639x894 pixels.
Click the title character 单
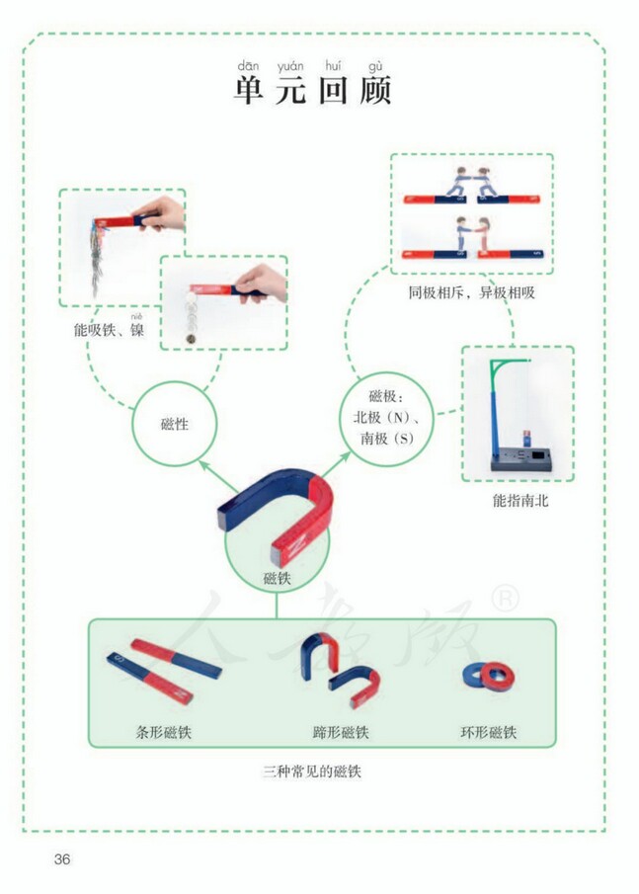pos(247,91)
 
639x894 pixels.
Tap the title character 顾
pos(377,91)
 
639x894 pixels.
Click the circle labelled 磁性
pos(175,424)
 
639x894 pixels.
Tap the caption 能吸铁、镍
pos(109,330)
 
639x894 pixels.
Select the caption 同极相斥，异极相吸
pos(471,292)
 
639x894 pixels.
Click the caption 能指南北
pos(520,501)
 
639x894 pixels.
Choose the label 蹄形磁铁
pos(341,733)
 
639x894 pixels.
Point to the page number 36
pos(62,858)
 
